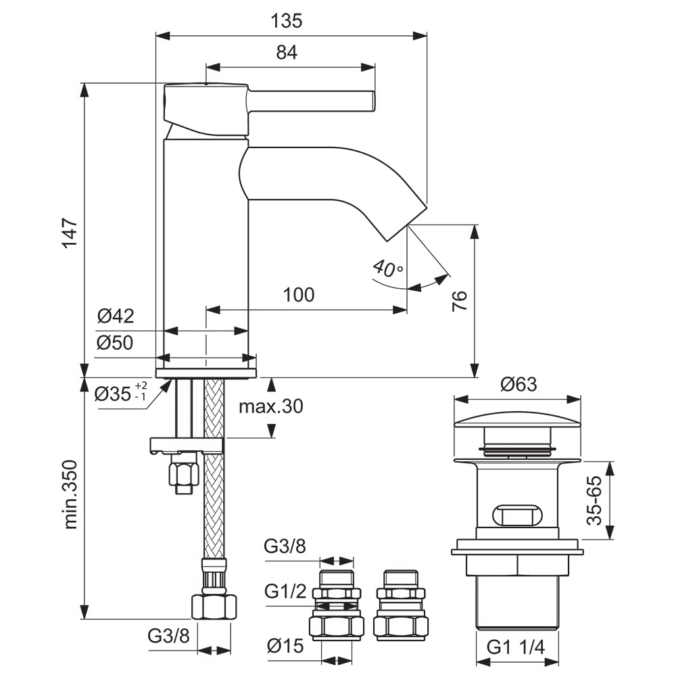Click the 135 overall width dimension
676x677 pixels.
286,21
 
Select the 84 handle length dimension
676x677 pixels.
287,53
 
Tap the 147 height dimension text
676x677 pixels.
70,233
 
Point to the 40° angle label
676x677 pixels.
387,268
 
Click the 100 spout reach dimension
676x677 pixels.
298,296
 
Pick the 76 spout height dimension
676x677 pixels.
460,302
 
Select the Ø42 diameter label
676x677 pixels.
115,316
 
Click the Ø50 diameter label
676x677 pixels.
115,343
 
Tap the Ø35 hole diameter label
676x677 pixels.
120,392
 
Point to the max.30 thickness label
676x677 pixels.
271,406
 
